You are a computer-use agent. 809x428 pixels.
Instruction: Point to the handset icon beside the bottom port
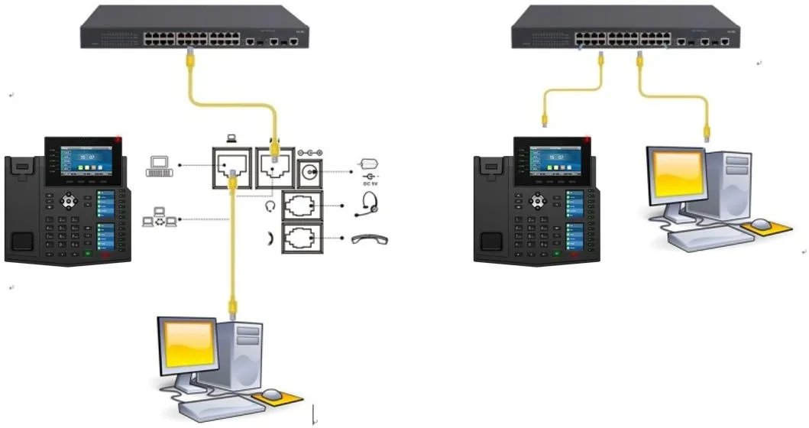click(370, 240)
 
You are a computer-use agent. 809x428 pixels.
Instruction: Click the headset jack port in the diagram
click(303, 207)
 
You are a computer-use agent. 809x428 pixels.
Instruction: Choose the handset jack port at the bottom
click(303, 239)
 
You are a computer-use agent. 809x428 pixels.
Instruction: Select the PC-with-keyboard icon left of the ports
click(160, 166)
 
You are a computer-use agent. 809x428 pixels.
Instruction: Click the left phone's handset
click(22, 206)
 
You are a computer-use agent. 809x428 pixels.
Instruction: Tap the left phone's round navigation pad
click(70, 201)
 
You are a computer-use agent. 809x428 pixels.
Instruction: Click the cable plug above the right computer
click(707, 134)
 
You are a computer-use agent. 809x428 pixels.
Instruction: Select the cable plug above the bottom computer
click(233, 309)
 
